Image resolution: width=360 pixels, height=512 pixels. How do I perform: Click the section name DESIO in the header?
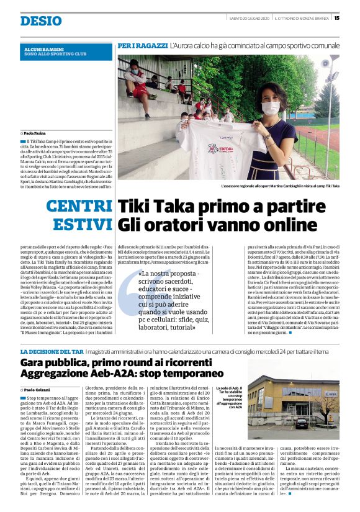(x=41, y=20)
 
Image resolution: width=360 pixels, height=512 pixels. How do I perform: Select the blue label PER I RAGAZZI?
(x=142, y=47)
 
